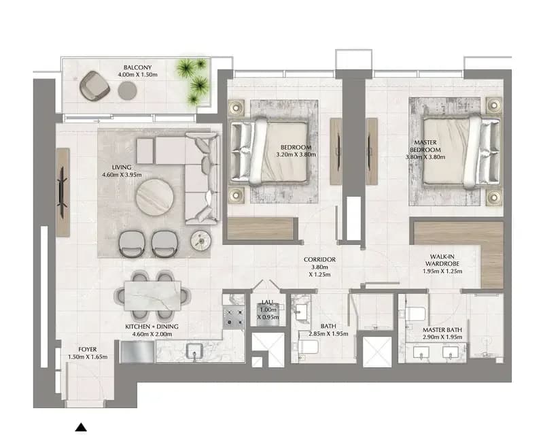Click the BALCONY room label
pyautogui.click(x=137, y=67)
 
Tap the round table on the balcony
pyautogui.click(x=127, y=90)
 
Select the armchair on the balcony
pyautogui.click(x=94, y=86)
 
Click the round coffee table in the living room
pyautogui.click(x=154, y=197)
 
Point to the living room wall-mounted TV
pyautogui.click(x=63, y=192)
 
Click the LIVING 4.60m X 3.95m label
pyautogui.click(x=122, y=171)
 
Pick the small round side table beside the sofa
pyautogui.click(x=200, y=240)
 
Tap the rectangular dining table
pyautogui.click(x=152, y=296)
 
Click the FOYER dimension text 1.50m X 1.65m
pyautogui.click(x=88, y=357)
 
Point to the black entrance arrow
pyautogui.click(x=81, y=427)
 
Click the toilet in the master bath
pyautogui.click(x=415, y=314)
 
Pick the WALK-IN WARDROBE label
pyautogui.click(x=442, y=260)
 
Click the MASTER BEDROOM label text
pyautogui.click(x=425, y=146)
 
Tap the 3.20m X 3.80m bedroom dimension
pyautogui.click(x=296, y=154)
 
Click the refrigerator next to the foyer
pyautogui.click(x=137, y=352)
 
